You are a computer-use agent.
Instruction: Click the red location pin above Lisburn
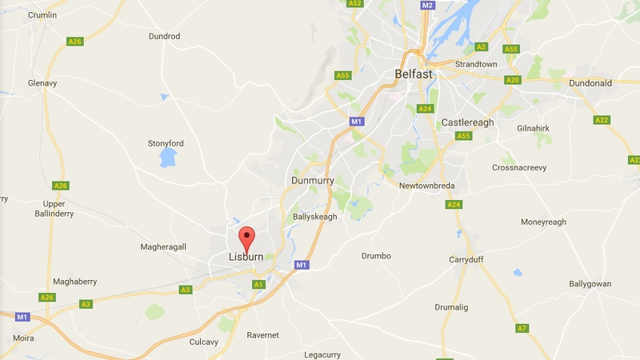coord(246,238)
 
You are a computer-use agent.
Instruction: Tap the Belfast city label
coord(414,74)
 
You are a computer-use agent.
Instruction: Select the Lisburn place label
coord(246,258)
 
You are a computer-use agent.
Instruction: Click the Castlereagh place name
coord(467,122)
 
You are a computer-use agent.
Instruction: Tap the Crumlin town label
coord(42,15)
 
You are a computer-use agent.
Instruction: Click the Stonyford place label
coord(166,143)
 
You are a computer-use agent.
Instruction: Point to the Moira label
coord(23,338)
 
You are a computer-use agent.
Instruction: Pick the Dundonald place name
coord(590,82)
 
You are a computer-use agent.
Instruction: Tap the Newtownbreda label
coord(427,186)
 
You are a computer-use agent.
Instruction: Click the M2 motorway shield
coord(428,6)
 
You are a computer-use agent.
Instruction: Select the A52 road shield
coord(355,4)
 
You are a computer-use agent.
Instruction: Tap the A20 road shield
coord(514,80)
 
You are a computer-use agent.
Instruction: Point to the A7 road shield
coord(522,328)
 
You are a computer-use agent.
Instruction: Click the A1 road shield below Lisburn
coord(258,284)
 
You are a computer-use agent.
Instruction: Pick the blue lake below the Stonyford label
coord(168,158)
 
